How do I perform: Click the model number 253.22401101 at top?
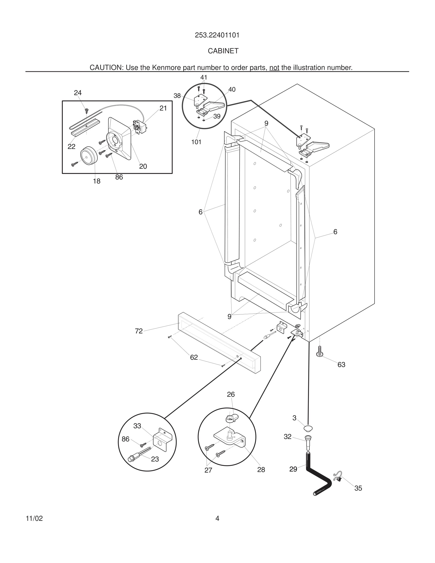point(217,35)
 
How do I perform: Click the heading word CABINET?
point(223,51)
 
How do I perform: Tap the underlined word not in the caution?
point(274,68)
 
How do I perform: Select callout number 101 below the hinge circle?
point(196,142)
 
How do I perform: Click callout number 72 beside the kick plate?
point(139,331)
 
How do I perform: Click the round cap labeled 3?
point(308,428)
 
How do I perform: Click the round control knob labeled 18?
point(88,155)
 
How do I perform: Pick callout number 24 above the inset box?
point(77,93)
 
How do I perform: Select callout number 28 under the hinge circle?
point(261,469)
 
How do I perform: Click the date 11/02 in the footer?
point(34,518)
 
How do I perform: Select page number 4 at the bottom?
point(217,518)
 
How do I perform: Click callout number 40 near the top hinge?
point(232,90)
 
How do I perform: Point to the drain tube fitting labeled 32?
point(308,442)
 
